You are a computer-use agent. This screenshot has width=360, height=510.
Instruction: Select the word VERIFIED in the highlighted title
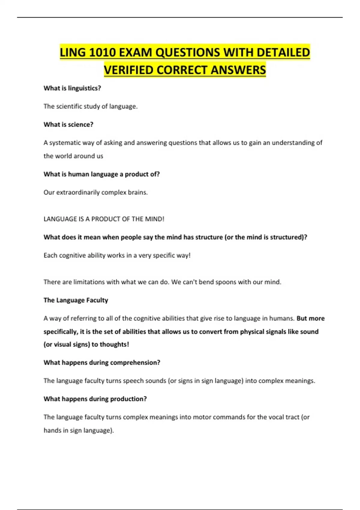[129, 70]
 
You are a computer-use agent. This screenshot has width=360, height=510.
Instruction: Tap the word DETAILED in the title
[283, 52]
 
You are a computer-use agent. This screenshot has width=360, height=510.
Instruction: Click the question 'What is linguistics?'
[72, 88]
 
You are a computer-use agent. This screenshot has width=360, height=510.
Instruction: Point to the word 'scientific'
[70, 106]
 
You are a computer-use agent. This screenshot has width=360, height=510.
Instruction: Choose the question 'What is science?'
[68, 124]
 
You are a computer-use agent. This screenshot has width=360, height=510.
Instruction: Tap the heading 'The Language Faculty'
[76, 300]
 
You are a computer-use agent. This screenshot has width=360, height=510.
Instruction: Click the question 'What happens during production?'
[95, 399]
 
